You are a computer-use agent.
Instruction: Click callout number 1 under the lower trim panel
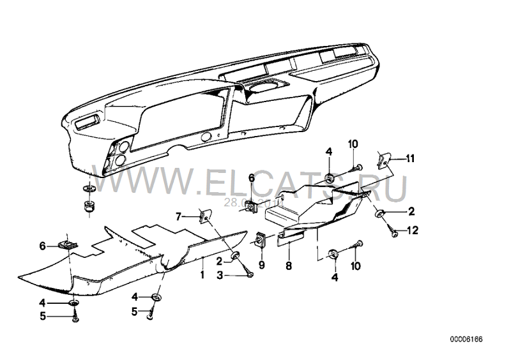pos(202,276)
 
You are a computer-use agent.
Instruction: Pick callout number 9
pos(261,264)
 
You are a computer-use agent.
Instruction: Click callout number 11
pos(411,157)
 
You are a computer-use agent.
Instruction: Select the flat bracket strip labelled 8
pos(290,238)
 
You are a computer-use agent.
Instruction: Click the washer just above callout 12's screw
pos(380,213)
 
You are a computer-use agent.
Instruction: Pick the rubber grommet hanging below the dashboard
pos(88,206)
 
